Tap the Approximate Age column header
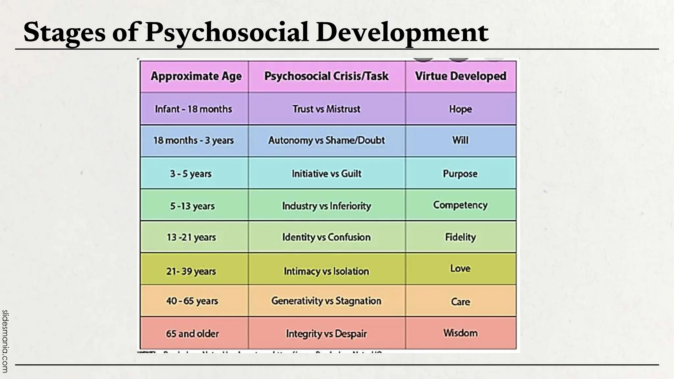tap(196, 76)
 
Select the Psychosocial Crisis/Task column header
tap(326, 76)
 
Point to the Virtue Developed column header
tap(460, 76)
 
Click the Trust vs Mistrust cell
tap(326, 109)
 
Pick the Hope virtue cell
tap(460, 109)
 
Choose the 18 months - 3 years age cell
tap(194, 140)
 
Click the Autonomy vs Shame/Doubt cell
tap(326, 140)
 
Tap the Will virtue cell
tap(460, 140)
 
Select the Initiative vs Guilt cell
tap(326, 174)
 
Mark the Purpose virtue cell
tap(460, 174)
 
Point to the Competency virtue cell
tap(460, 205)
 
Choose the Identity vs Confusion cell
tap(326, 237)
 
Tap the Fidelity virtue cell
tap(460, 237)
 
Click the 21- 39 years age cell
tap(191, 271)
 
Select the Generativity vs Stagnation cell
tap(326, 301)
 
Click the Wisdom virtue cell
tap(460, 333)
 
